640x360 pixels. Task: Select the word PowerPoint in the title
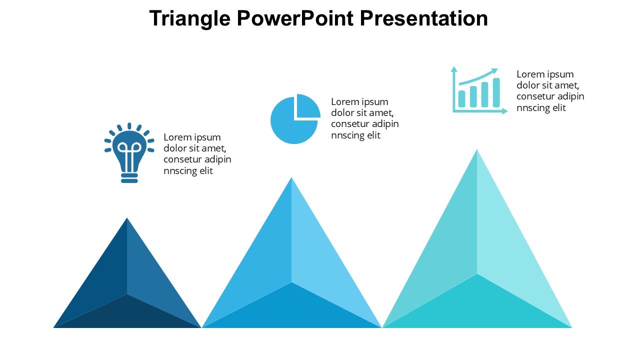pyautogui.click(x=295, y=18)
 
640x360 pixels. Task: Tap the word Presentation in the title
pyautogui.click(x=423, y=18)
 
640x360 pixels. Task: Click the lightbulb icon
pyautogui.click(x=129, y=153)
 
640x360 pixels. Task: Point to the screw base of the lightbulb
pyautogui.click(x=129, y=178)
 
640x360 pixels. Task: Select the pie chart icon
pyautogui.click(x=295, y=119)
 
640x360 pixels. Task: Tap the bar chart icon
pyautogui.click(x=479, y=90)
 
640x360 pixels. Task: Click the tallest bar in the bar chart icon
pyautogui.click(x=496, y=92)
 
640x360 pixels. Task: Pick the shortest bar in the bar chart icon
pyautogui.click(x=461, y=99)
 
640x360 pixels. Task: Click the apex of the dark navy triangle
pyautogui.click(x=127, y=218)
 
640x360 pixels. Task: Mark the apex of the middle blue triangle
pyautogui.click(x=291, y=177)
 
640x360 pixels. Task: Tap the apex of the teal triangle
pyautogui.click(x=477, y=149)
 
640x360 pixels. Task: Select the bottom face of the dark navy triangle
pyautogui.click(x=127, y=314)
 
